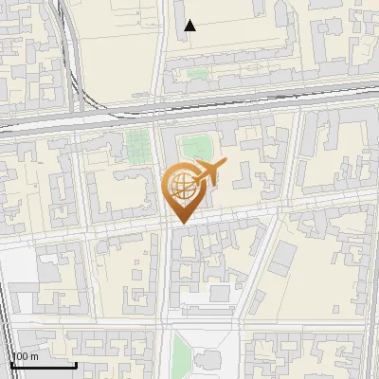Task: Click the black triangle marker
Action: coord(190,26)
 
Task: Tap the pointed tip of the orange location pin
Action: coord(180,223)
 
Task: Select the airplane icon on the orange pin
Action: coord(210,172)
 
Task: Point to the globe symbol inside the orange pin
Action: coord(180,187)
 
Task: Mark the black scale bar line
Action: coord(44,365)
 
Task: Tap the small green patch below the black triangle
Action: coord(196,73)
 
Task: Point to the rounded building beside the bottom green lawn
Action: coord(210,361)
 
